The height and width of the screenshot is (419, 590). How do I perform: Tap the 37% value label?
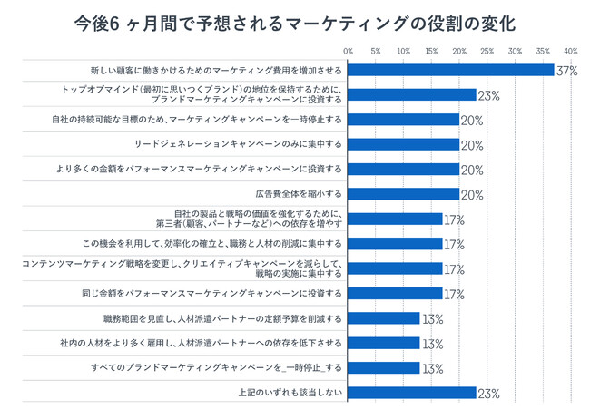click(567, 71)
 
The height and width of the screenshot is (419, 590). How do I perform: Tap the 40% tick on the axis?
click(571, 51)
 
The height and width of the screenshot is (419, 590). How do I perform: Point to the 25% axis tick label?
click(487, 51)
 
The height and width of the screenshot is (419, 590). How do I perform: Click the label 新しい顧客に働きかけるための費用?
click(216, 70)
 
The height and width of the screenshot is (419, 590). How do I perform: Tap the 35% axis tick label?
click(543, 51)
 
